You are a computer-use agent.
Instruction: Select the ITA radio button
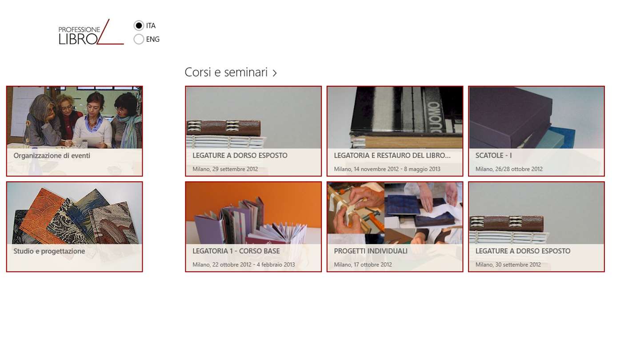pyautogui.click(x=139, y=26)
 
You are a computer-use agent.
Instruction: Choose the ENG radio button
pyautogui.click(x=139, y=39)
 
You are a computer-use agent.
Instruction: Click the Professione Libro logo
pyautogui.click(x=91, y=32)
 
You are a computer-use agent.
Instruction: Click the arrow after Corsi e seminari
pyautogui.click(x=275, y=73)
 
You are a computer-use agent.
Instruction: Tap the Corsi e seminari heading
pyautogui.click(x=226, y=72)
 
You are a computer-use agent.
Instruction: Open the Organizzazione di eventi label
pyautogui.click(x=52, y=156)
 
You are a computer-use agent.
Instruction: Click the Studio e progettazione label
pyautogui.click(x=49, y=251)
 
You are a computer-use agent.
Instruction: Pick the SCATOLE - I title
pyautogui.click(x=493, y=156)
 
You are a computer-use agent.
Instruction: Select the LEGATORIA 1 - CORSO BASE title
pyautogui.click(x=236, y=251)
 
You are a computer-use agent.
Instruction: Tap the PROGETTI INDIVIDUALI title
pyautogui.click(x=371, y=251)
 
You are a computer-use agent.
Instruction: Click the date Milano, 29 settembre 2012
pyautogui.click(x=225, y=169)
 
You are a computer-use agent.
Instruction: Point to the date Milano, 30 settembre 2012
pyautogui.click(x=508, y=264)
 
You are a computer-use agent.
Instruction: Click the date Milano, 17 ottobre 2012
pyautogui.click(x=363, y=264)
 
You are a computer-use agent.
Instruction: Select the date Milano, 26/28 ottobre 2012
pyautogui.click(x=509, y=169)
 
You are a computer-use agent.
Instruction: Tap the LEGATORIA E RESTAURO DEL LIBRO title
pyautogui.click(x=392, y=156)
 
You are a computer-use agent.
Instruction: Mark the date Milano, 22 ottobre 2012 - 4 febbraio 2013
pyautogui.click(x=244, y=264)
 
